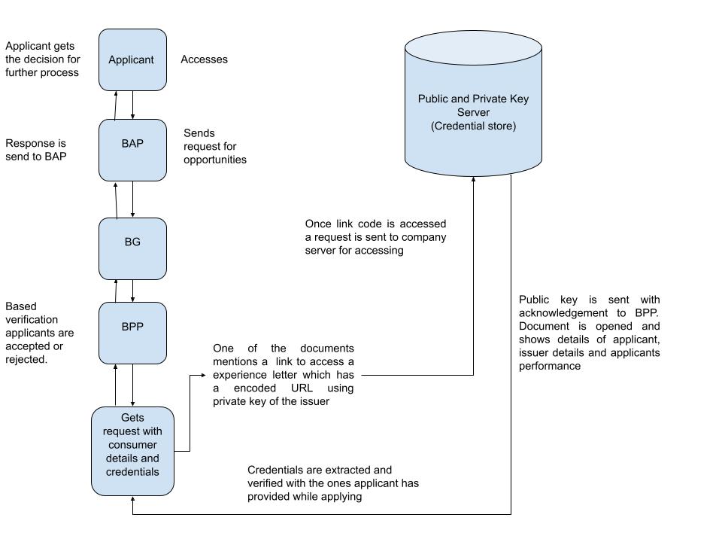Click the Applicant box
132,60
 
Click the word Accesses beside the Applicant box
204,59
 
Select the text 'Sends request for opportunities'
214,146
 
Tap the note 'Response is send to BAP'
36,149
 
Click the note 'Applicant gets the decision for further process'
41,59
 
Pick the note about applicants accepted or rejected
39,333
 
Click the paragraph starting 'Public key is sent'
589,333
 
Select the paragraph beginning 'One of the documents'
284,375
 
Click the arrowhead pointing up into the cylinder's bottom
473,181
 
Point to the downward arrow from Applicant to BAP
133,105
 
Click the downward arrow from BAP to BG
133,199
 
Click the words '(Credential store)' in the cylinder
473,126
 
